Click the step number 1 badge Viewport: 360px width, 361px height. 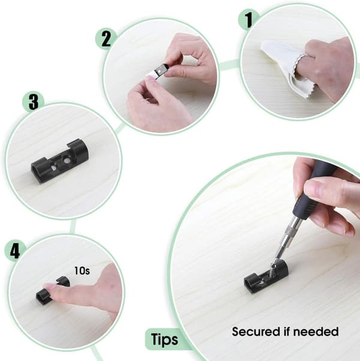248,20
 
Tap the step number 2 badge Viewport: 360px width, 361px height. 106,39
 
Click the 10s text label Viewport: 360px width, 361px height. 82,271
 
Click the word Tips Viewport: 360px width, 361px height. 165,339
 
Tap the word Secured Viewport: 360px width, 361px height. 256,332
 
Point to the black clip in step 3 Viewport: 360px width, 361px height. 60,160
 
